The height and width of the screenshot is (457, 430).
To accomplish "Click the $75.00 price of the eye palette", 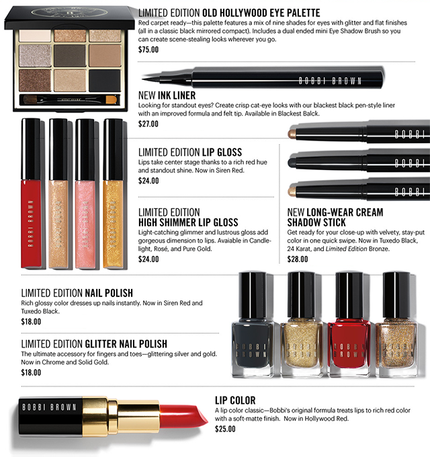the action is (148, 50).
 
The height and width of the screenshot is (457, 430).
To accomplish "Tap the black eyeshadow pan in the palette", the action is (105, 81).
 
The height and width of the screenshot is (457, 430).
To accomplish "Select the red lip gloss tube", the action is (31, 193).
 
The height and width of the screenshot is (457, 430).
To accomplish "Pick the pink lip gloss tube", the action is (85, 194).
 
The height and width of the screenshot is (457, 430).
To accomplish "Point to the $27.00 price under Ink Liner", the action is (148, 124).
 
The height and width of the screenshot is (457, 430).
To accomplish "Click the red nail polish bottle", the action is (349, 324).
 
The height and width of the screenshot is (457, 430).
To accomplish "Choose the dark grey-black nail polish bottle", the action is (253, 324).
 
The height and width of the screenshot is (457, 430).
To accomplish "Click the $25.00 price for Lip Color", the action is (225, 429).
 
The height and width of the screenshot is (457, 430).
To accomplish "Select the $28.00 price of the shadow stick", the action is (298, 259).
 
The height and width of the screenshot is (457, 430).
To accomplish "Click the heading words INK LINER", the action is (177, 95).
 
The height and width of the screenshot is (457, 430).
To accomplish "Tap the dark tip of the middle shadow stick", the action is (292, 162).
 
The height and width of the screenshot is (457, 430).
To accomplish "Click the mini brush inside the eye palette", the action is (70, 99).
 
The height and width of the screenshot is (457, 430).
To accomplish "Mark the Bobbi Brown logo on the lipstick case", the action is (49, 407).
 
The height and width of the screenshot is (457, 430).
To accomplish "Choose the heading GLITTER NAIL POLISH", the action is (126, 344).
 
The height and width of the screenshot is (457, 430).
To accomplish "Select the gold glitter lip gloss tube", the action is (113, 194).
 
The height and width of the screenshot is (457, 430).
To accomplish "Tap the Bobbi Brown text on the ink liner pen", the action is (330, 81).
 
